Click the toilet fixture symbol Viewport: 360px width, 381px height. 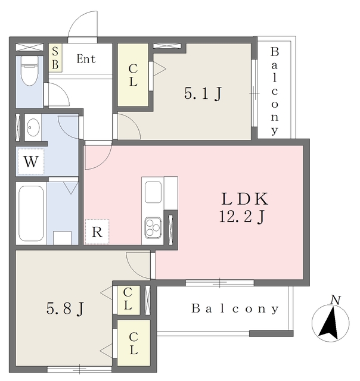[30, 70]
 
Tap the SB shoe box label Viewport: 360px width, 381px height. [55, 58]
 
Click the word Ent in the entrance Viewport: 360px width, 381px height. [86, 59]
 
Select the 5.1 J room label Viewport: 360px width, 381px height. [203, 94]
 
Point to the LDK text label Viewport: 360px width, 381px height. [245, 199]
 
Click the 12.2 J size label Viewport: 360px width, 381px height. [242, 217]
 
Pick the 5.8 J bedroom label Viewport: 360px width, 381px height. [65, 308]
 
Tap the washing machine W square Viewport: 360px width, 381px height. [31, 161]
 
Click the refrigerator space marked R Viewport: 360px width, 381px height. [97, 232]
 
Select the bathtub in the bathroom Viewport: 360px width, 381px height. [31, 213]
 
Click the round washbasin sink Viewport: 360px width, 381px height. [33, 127]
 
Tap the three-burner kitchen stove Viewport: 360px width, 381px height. [153, 228]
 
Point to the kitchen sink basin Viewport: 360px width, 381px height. [153, 192]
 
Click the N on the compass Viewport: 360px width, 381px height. [336, 300]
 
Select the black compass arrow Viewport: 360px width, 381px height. [330, 323]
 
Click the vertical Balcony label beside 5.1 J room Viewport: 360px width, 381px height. [275, 91]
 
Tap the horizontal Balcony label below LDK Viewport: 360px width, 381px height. [235, 308]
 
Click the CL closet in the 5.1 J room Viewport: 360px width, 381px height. [134, 75]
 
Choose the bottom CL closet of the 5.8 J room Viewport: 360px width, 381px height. [134, 343]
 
